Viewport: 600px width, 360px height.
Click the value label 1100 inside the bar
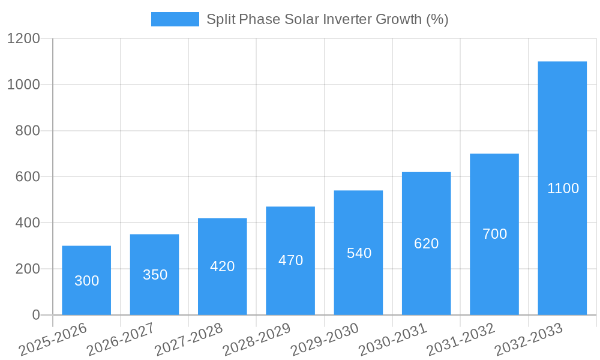(x=563, y=188)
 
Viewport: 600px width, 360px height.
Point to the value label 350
(x=155, y=275)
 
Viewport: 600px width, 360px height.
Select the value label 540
(x=359, y=253)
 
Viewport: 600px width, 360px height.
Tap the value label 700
(x=494, y=234)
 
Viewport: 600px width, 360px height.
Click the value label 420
(x=222, y=266)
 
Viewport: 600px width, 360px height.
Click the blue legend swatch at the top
(x=175, y=19)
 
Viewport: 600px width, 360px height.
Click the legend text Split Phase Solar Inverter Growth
(x=327, y=19)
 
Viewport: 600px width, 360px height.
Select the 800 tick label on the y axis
(x=27, y=131)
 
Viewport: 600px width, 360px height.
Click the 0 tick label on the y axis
(x=35, y=315)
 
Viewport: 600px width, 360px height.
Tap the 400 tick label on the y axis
(x=27, y=223)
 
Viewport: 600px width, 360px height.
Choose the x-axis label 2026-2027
(x=121, y=340)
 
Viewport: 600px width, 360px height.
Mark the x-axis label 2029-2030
(x=325, y=340)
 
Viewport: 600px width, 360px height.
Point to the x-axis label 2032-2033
(x=529, y=340)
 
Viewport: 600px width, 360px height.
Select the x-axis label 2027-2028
(x=188, y=340)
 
